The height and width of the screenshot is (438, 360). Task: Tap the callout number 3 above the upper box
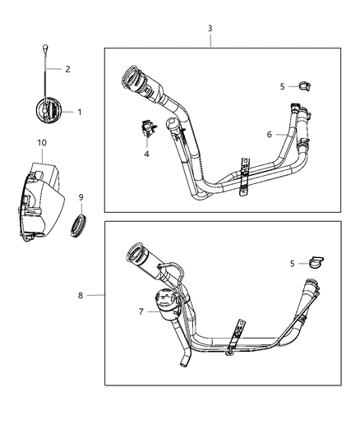pyautogui.click(x=210, y=28)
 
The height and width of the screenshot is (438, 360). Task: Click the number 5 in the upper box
pyautogui.click(x=282, y=85)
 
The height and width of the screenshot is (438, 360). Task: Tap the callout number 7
pyautogui.click(x=141, y=312)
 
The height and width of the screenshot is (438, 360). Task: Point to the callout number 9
pyautogui.click(x=81, y=196)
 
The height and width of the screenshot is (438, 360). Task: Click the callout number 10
pyautogui.click(x=41, y=143)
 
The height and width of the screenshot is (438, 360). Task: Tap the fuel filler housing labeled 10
pyautogui.click(x=40, y=201)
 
